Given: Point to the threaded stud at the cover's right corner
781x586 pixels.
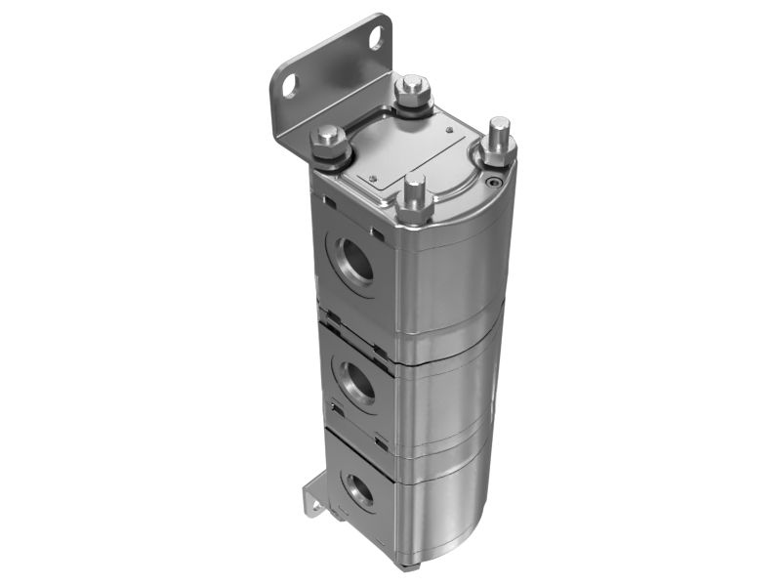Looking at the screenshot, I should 498,137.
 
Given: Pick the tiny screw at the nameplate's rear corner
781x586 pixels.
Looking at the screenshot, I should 448,128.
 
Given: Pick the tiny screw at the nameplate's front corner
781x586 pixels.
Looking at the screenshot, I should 373,177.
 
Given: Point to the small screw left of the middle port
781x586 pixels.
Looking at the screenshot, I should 335,405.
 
